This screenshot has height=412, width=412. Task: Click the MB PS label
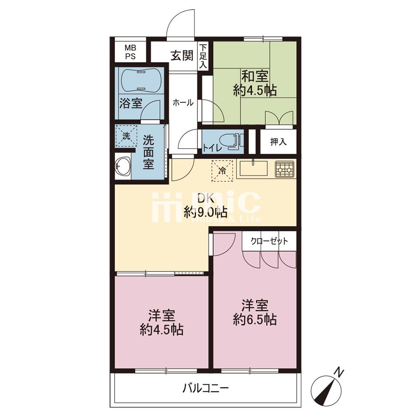(130, 52)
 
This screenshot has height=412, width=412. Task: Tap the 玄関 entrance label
(182, 56)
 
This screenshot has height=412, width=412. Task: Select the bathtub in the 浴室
(140, 81)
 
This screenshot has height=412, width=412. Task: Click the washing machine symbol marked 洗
(126, 136)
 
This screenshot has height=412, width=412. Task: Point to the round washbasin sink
(123, 166)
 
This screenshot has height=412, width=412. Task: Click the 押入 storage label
(278, 142)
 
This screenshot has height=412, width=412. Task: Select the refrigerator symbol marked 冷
(222, 171)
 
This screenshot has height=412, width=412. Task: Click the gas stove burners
(284, 170)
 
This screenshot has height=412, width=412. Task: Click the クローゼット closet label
(269, 241)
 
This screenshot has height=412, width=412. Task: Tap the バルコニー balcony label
(206, 388)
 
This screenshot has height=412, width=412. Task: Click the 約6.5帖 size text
(255, 320)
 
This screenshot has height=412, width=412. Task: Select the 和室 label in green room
(255, 77)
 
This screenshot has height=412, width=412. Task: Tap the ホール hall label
(183, 103)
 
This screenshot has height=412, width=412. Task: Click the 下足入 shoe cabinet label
(203, 57)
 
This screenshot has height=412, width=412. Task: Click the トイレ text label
(212, 148)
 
